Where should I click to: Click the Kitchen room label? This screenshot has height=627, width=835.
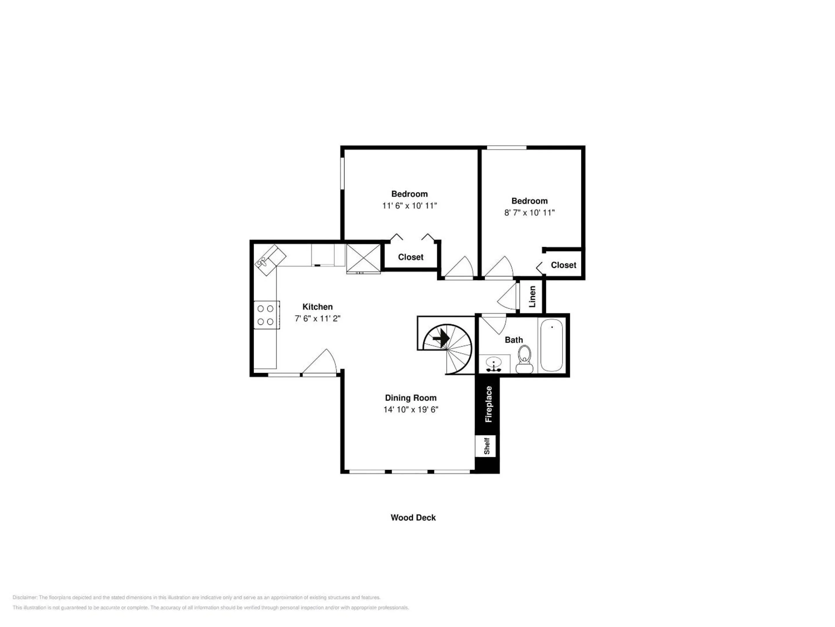click(x=317, y=307)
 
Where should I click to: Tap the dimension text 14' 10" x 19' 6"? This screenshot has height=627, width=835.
click(x=411, y=409)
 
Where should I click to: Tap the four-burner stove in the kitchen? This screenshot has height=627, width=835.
click(x=266, y=315)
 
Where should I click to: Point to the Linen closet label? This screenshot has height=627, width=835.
click(x=532, y=297)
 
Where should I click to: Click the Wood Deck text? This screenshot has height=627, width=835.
click(x=413, y=517)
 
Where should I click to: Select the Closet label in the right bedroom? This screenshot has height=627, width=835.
click(x=563, y=265)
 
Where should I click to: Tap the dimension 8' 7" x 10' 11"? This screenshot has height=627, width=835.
click(x=529, y=212)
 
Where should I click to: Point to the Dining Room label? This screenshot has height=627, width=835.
click(x=411, y=398)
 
